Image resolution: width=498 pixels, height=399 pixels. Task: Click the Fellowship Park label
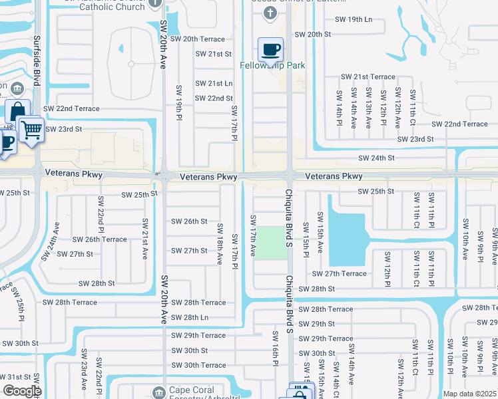click(x=272, y=66)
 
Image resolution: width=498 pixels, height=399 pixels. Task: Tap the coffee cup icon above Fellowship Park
click(x=270, y=49)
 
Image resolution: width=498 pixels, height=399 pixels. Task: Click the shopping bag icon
click(x=17, y=111)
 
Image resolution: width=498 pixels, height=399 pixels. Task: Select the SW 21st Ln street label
click(x=213, y=83)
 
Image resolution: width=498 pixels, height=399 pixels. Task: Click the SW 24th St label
click(x=376, y=158)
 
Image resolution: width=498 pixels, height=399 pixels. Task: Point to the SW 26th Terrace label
click(x=99, y=239)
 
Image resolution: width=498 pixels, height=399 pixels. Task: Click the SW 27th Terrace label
click(x=340, y=273)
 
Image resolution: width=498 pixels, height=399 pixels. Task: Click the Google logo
click(x=22, y=391)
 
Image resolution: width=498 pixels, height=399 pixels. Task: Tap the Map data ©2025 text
click(x=469, y=394)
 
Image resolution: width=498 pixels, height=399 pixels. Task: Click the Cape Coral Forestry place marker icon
click(x=158, y=390)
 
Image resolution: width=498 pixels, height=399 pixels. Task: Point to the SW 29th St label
click(x=316, y=324)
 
